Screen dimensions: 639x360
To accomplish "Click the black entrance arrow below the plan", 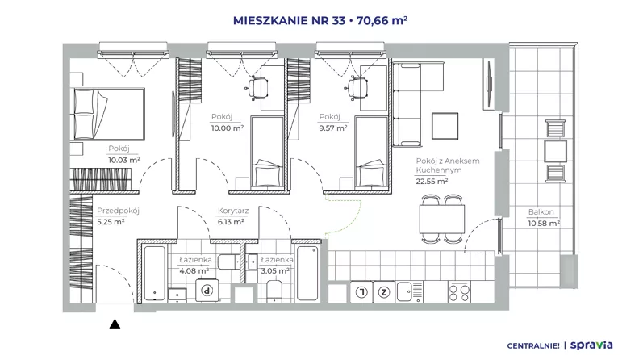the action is pyautogui.click(x=115, y=324).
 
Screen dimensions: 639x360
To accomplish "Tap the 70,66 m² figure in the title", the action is pyautogui.click(x=382, y=20).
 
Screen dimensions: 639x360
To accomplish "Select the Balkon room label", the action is pyautogui.click(x=541, y=212).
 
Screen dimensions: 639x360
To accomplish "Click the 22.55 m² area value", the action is pyautogui.click(x=432, y=182).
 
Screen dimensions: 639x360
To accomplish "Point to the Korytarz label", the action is pyautogui.click(x=233, y=211).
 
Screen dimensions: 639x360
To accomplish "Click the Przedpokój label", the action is pyautogui.click(x=118, y=211).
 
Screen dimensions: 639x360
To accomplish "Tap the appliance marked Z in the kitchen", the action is pyautogui.click(x=384, y=292).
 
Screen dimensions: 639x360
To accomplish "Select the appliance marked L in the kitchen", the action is pyautogui.click(x=362, y=292).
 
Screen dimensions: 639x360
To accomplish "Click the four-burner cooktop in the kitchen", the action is pyautogui.click(x=459, y=292).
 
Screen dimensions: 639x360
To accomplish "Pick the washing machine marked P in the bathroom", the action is pyautogui.click(x=207, y=291).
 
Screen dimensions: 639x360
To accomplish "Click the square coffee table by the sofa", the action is pyautogui.click(x=445, y=126).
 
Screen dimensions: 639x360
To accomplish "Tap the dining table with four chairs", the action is pyautogui.click(x=442, y=219).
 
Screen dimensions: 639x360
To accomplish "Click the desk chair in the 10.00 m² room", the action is pyautogui.click(x=258, y=88).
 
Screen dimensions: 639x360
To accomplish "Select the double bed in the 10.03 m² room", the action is pyautogui.click(x=107, y=114).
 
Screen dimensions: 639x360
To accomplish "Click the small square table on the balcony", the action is pyautogui.click(x=555, y=151).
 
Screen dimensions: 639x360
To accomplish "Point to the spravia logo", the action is pyautogui.click(x=591, y=345).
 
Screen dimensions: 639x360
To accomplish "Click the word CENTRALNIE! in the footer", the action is pyautogui.click(x=533, y=346).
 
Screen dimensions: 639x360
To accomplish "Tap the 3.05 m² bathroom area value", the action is pyautogui.click(x=275, y=270).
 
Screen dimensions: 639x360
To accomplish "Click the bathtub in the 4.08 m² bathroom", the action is pyautogui.click(x=155, y=273).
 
